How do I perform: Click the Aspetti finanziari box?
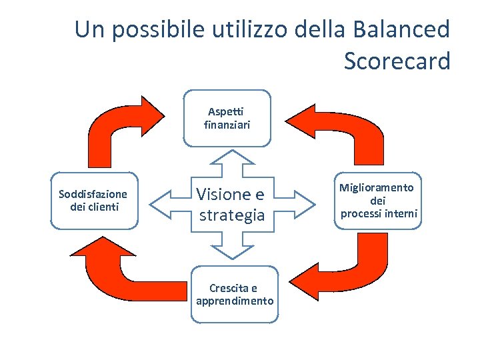[x=227, y=118]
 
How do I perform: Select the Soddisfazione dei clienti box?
[x=93, y=201]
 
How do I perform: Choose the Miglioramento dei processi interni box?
[x=379, y=201]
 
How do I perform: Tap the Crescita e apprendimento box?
[x=235, y=295]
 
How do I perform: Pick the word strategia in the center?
[x=232, y=215]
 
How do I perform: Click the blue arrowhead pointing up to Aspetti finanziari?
[x=231, y=157]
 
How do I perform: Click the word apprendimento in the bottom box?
[x=235, y=301]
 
